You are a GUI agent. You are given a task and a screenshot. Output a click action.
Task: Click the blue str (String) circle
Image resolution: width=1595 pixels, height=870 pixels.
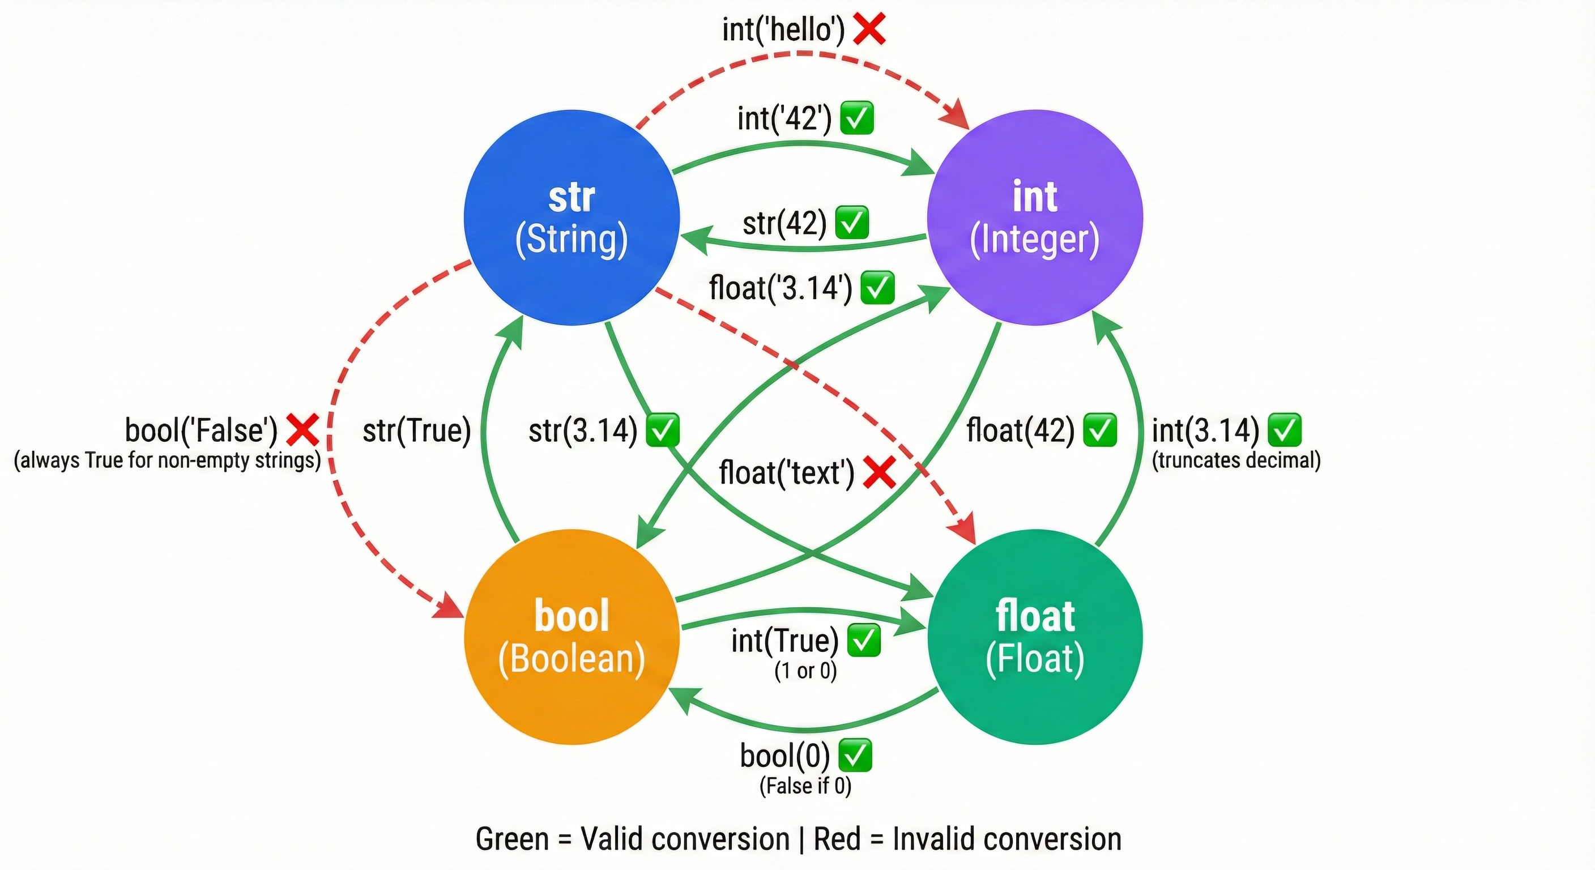pyautogui.click(x=572, y=218)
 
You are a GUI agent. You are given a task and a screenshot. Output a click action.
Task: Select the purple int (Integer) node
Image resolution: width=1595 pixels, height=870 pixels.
pyautogui.click(x=1035, y=218)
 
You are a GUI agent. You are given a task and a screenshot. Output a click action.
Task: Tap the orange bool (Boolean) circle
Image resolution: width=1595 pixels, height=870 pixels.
pyautogui.click(x=572, y=637)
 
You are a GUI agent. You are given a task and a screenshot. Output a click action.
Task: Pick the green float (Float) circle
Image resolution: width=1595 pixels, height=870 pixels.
pyautogui.click(x=1035, y=637)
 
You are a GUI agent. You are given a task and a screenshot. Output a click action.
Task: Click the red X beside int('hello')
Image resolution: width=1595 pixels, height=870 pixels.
pyautogui.click(x=869, y=29)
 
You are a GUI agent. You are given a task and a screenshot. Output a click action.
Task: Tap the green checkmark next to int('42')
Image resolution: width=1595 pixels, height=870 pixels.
pyautogui.click(x=857, y=118)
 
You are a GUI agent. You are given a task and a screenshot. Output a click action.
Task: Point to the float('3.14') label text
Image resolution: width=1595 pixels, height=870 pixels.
pyautogui.click(x=780, y=288)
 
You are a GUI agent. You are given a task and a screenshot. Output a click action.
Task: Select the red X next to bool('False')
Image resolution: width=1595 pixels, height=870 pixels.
pyautogui.click(x=303, y=430)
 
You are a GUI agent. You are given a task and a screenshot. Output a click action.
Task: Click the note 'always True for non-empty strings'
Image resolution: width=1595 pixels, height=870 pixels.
pyautogui.click(x=167, y=460)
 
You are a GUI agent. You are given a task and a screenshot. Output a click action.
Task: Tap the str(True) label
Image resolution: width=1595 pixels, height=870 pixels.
pyautogui.click(x=417, y=430)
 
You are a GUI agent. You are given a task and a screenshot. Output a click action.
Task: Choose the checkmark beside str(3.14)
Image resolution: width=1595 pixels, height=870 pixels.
pyautogui.click(x=663, y=430)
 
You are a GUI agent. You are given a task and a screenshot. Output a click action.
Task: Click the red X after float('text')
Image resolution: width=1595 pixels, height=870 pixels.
pyautogui.click(x=879, y=473)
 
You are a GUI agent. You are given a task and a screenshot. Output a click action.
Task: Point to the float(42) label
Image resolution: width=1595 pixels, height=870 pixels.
pyautogui.click(x=1021, y=430)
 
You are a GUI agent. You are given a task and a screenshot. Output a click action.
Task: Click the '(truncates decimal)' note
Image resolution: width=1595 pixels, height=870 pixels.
pyautogui.click(x=1236, y=460)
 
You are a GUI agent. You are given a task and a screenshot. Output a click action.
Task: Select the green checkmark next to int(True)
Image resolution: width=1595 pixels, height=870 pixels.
pyautogui.click(x=863, y=640)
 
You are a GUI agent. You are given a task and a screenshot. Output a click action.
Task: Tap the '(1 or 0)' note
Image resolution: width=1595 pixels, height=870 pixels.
pyautogui.click(x=805, y=671)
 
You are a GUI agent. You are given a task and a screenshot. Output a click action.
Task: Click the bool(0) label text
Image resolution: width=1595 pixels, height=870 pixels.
pyautogui.click(x=784, y=756)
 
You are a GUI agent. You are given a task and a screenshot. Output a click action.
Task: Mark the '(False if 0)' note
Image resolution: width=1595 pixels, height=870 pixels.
pyautogui.click(x=805, y=786)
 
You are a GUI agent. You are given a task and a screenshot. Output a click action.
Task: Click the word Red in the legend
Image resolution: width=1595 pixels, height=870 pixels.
pyautogui.click(x=837, y=839)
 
